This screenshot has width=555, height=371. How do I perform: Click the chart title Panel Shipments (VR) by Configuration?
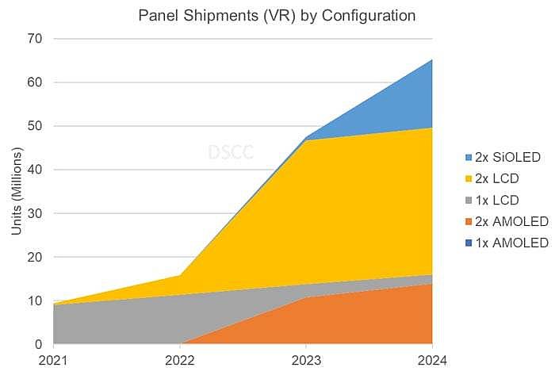tap(276, 15)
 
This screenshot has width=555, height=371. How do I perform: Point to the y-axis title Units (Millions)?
tap(17, 190)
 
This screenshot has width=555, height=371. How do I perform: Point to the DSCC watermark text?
tap(231, 152)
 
